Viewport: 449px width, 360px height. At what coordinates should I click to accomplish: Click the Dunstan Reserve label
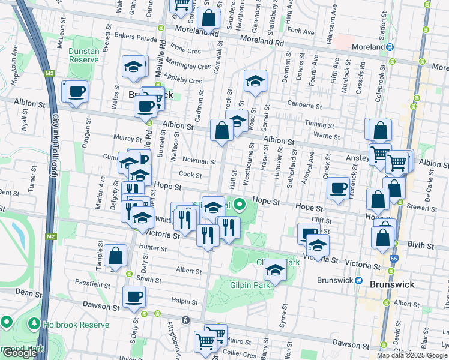83,56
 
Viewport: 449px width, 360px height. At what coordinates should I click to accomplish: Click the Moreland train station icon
390,47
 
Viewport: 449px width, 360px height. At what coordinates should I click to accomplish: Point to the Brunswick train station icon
359,281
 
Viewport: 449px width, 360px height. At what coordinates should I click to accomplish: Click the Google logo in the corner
19,353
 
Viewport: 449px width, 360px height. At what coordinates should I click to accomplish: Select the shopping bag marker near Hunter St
115,256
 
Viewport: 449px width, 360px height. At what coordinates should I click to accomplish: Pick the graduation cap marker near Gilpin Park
275,271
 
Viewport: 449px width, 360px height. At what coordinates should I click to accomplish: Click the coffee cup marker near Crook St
339,189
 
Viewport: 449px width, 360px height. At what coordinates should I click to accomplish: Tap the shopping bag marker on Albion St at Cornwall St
221,131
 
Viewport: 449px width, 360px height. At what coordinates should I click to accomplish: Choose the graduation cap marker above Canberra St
255,82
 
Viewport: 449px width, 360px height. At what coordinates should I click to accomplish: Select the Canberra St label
304,106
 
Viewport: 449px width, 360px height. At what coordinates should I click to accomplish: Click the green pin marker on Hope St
240,205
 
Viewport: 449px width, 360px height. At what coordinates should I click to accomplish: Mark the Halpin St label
185,300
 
